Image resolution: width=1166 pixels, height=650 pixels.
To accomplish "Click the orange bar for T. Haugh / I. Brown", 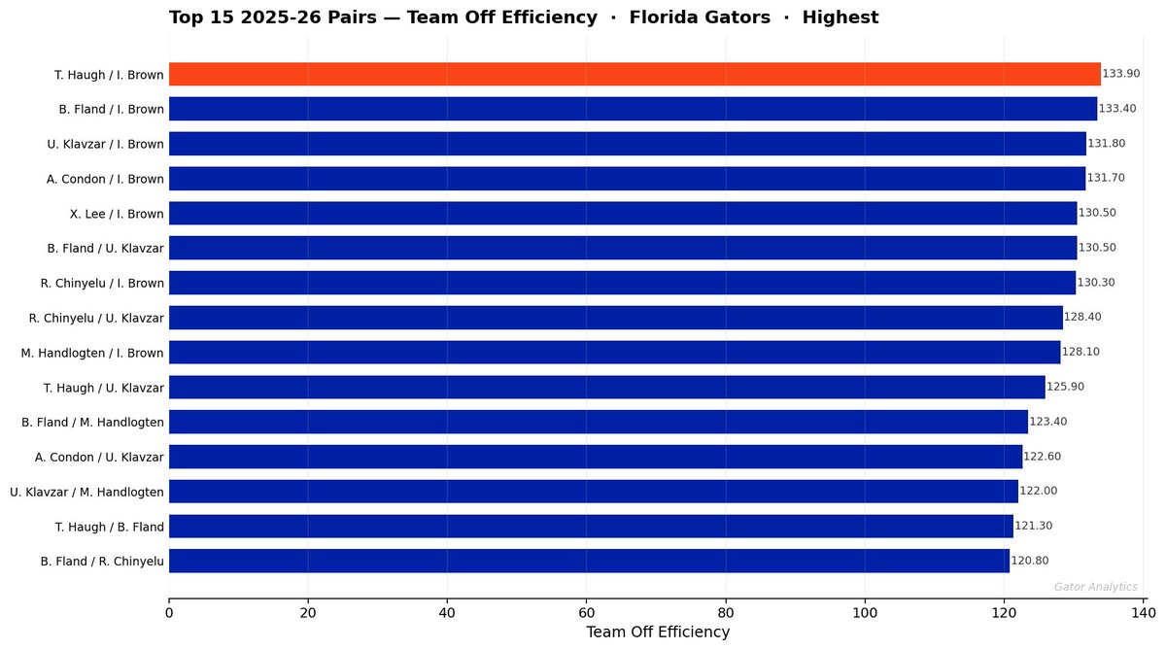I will pos(634,74).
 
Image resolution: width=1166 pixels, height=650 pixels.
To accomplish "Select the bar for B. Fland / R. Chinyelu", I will pos(589,561).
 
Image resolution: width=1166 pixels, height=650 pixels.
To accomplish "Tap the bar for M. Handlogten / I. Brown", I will pos(614,352).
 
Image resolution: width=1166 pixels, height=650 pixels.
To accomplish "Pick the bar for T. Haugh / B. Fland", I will pos(591,526).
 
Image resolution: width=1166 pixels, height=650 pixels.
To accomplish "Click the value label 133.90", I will pos(1120,74).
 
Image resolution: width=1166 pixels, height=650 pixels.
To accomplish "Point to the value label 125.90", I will pos(1065,387).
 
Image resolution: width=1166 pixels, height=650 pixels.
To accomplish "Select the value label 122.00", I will pos(1038,491).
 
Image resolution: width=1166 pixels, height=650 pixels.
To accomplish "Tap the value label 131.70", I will pos(1106,178).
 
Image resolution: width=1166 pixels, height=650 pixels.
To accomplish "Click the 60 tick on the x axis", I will pos(586,613).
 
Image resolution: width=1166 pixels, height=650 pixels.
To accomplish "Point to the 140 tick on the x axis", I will pos(1143,613).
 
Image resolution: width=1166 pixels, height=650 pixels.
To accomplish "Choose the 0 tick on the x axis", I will pos(169,613).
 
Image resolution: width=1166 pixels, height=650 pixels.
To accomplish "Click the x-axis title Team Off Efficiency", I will pos(657,633).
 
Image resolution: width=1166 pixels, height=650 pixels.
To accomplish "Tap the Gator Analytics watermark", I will pos(1095,587).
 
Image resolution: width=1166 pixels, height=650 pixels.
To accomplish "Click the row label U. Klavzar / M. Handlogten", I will pos(87,492).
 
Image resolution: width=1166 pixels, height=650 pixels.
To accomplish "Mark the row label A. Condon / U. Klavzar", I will pos(99,457).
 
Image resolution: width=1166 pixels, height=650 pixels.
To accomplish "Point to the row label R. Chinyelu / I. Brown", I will pos(102,283).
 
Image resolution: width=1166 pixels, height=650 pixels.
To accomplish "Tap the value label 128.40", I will pos(1082,317).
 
